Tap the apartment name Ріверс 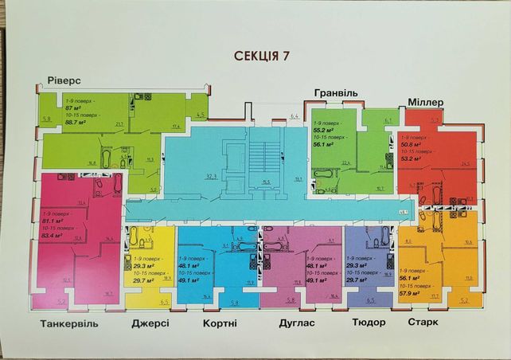tap(64, 82)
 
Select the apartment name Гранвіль tap(335, 93)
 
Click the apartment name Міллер tap(431, 102)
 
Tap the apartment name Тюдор tap(368, 323)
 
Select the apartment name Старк tap(422, 323)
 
